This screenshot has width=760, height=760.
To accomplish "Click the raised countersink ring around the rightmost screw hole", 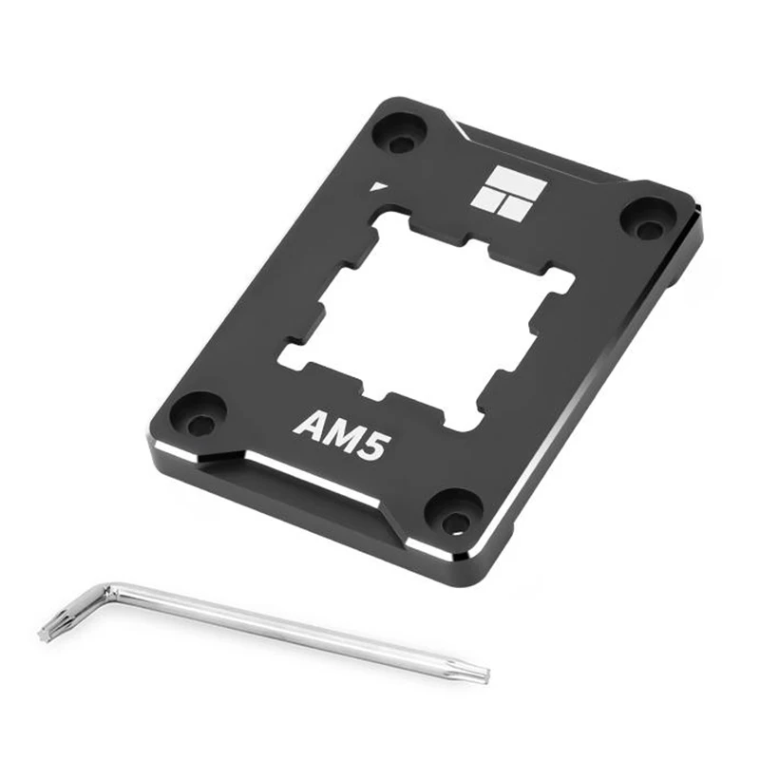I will coord(647,218).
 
